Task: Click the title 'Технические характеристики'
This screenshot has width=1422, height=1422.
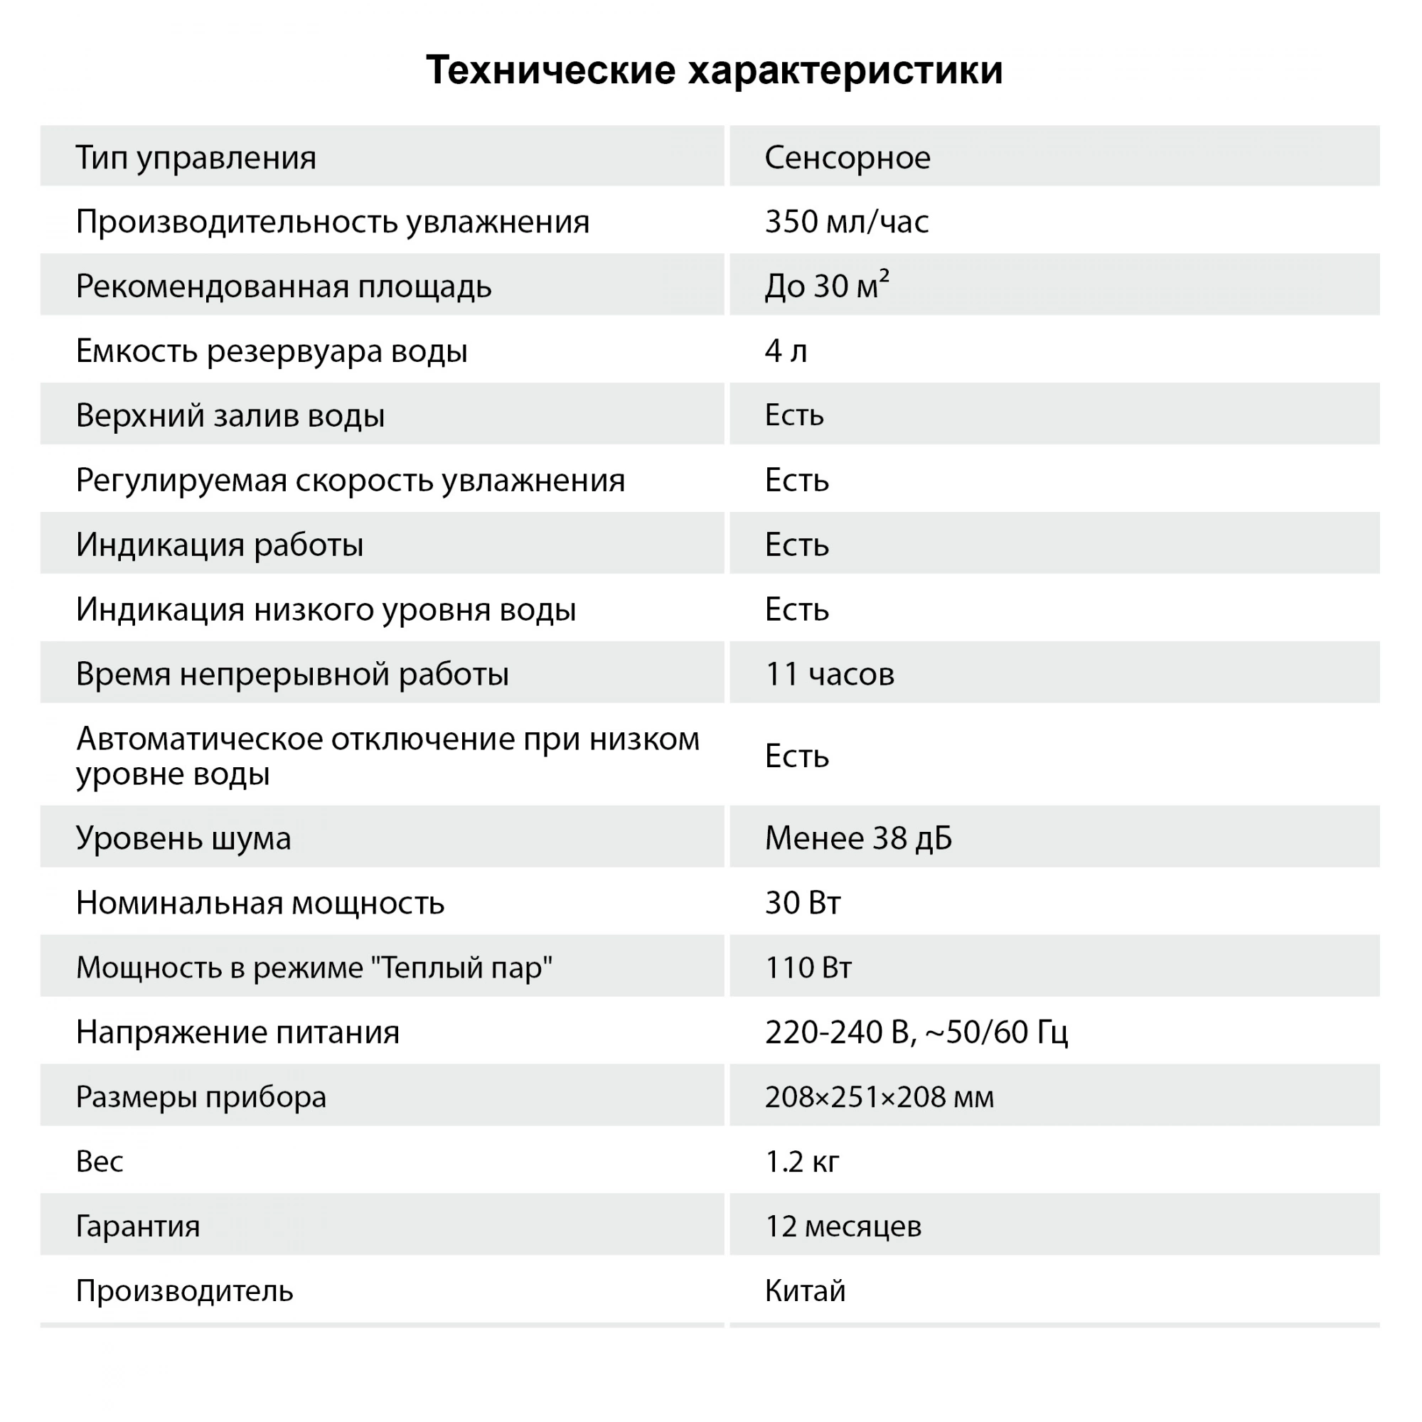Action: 714,70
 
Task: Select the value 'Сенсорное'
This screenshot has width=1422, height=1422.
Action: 848,158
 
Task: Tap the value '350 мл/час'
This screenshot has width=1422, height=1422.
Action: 846,222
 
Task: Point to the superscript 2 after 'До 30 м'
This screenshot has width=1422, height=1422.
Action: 884,275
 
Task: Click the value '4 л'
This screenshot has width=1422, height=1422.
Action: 786,351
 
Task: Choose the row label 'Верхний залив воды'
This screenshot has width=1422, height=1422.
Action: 230,416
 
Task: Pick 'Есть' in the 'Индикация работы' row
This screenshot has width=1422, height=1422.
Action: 796,545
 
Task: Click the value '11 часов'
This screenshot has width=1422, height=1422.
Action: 830,674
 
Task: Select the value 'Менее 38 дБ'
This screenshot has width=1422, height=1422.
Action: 858,838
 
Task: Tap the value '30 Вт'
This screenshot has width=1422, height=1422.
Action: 802,903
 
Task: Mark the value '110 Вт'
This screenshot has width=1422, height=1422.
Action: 808,968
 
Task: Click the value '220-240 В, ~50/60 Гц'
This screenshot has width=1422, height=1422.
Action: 916,1032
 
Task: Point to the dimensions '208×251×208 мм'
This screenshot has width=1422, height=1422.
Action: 879,1097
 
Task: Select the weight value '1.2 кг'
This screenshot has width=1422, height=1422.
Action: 801,1162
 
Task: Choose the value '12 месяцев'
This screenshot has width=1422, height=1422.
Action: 843,1227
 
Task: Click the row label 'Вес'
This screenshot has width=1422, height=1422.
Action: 100,1162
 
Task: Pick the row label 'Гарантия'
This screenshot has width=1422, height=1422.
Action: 138,1227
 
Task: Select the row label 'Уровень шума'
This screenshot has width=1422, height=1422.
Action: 183,838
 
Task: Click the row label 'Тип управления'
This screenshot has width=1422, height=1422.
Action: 196,158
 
